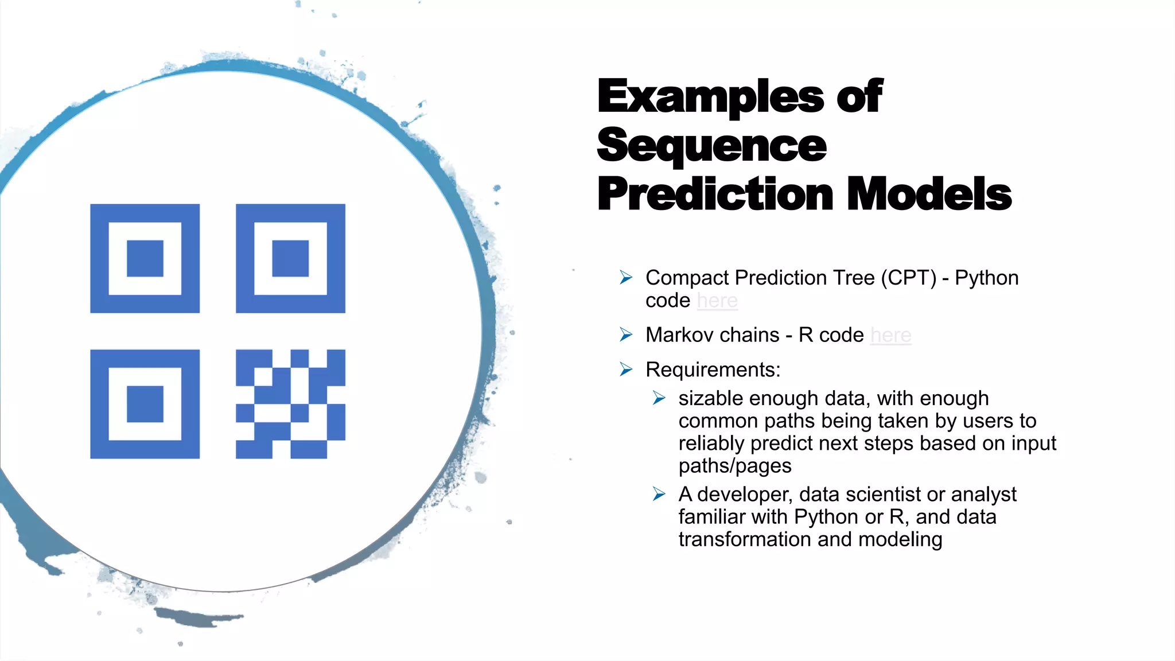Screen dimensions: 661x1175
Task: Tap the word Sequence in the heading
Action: pyautogui.click(x=711, y=146)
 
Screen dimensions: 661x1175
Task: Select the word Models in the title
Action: pyautogui.click(x=929, y=194)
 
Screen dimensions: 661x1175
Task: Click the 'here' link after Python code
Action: pyautogui.click(x=717, y=301)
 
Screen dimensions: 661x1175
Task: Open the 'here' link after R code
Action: pyautogui.click(x=890, y=335)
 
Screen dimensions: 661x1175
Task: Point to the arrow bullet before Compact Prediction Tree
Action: pyautogui.click(x=626, y=278)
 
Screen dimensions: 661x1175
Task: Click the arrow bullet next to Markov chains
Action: pyautogui.click(x=626, y=335)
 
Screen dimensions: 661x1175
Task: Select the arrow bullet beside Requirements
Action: pyautogui.click(x=626, y=370)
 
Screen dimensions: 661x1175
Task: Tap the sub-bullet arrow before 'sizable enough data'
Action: pyautogui.click(x=659, y=398)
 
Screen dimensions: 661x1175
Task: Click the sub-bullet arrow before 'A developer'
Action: pyautogui.click(x=659, y=494)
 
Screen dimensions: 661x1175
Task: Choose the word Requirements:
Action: pyautogui.click(x=713, y=370)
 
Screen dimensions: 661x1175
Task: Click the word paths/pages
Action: pyautogui.click(x=734, y=466)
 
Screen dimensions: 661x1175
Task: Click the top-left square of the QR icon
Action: pyautogui.click(x=145, y=258)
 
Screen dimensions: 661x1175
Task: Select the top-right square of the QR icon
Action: pyautogui.click(x=290, y=258)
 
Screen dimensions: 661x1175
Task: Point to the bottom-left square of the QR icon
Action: pyautogui.click(x=145, y=404)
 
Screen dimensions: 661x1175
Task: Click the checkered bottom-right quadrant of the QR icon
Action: pyautogui.click(x=290, y=404)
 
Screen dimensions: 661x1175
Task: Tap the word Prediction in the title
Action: pyautogui.click(x=715, y=194)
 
